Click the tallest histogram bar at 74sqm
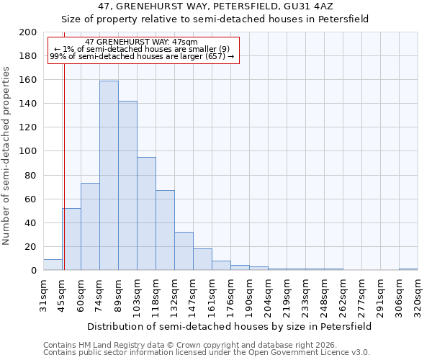[x=109, y=176]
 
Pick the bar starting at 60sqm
[x=90, y=227]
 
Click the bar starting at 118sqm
[x=165, y=230]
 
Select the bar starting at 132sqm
[x=184, y=251]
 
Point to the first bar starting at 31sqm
[x=53, y=265]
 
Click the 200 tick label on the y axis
[x=28, y=32]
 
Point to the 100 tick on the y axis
[x=28, y=151]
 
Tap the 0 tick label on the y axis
[x=33, y=271]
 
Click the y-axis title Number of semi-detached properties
[x=7, y=156]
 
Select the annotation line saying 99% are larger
[x=142, y=56]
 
